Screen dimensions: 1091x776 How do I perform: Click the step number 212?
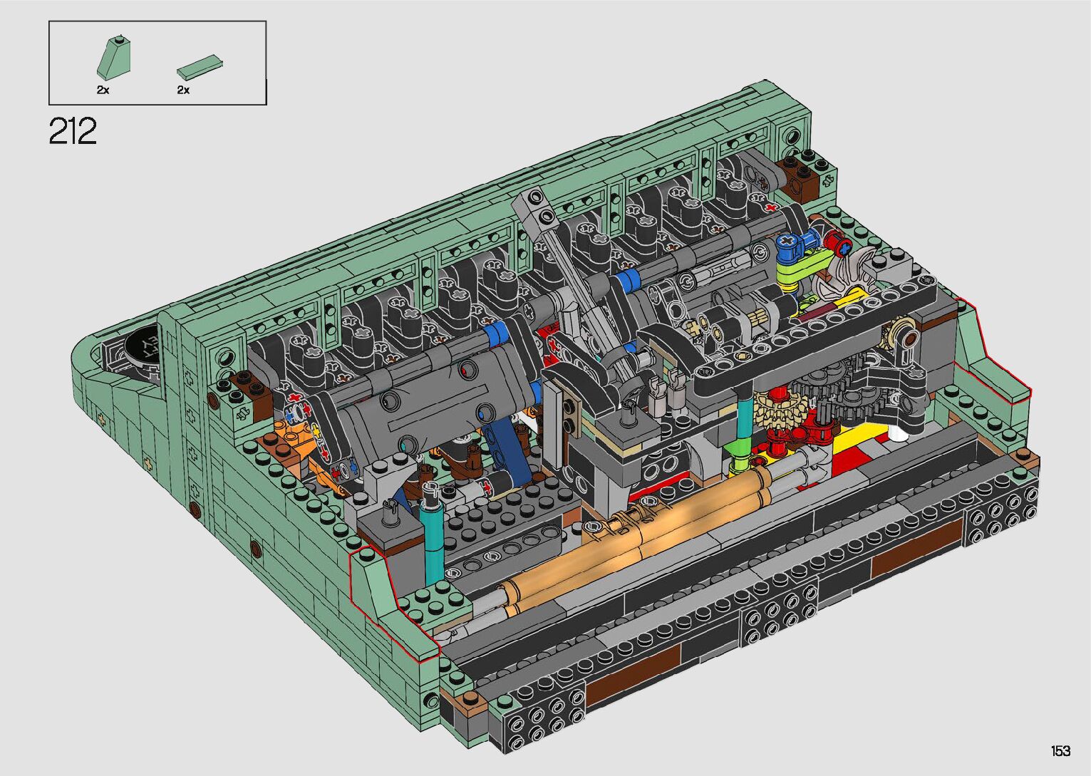[73, 131]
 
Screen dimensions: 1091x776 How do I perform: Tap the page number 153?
[1060, 750]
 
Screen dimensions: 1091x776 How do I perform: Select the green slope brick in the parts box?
[114, 57]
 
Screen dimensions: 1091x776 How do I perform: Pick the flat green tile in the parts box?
[200, 68]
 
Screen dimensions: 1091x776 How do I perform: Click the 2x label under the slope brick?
[103, 90]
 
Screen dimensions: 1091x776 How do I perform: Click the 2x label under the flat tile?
[183, 90]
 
